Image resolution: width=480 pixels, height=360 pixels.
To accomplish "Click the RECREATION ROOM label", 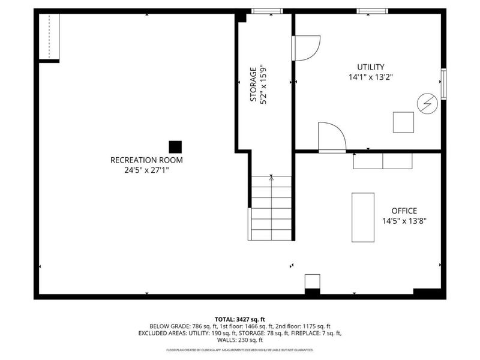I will tap(146, 160).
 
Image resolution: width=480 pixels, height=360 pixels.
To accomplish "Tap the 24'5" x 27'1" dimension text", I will tap(146, 170).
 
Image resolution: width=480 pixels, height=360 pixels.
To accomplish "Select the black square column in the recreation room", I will tap(175, 146).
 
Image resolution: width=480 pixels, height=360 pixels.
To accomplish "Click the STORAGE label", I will tap(253, 85).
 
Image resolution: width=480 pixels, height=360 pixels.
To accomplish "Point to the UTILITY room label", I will tap(371, 67).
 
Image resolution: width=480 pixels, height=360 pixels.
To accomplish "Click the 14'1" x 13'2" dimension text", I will tap(371, 77).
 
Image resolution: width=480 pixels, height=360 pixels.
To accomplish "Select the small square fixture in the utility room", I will tap(403, 122).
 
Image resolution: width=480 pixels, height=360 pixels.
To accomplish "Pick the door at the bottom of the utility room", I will tap(331, 137).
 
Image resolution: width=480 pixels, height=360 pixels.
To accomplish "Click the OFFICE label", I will tap(404, 211).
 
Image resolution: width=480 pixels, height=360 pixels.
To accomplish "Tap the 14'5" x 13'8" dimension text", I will tap(404, 220).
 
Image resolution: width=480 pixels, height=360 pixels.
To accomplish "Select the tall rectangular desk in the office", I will tap(362, 217).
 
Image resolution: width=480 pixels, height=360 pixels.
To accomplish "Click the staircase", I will tap(271, 207).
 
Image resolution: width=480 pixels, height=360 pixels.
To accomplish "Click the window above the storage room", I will tap(266, 11).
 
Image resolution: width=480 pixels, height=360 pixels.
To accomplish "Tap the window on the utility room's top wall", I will tap(373, 11).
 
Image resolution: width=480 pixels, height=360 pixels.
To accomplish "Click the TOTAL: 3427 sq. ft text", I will tap(239, 319).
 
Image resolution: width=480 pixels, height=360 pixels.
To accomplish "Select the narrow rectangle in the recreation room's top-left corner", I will tap(50, 36).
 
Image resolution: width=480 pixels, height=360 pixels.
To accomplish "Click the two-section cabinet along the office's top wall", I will tap(383, 161).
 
